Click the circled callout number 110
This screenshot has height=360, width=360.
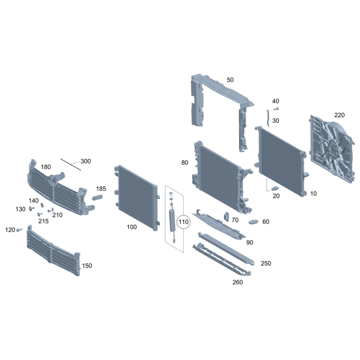pyautogui.click(x=184, y=222)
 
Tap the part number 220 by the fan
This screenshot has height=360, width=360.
pyautogui.click(x=339, y=115)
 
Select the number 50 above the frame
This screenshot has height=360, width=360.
pyautogui.click(x=230, y=80)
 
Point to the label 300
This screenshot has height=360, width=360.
pyautogui.click(x=85, y=161)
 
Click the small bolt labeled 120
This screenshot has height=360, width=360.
pyautogui.click(x=20, y=229)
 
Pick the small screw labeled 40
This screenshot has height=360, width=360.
pyautogui.click(x=276, y=108)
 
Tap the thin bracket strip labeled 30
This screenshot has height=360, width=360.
pyautogui.click(x=267, y=118)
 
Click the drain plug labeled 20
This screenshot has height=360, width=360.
pyautogui.click(x=275, y=189)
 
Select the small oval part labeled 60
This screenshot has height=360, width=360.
pyautogui.click(x=253, y=222)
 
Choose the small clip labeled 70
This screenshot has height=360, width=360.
pyautogui.click(x=227, y=217)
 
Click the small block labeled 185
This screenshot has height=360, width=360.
pyautogui.click(x=97, y=197)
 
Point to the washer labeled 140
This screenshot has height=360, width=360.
pyautogui.click(x=42, y=205)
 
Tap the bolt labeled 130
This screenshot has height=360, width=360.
pyautogui.click(x=31, y=208)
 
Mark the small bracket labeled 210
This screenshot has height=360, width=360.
pyautogui.click(x=50, y=210)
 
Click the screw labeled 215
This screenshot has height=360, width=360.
pyautogui.click(x=40, y=214)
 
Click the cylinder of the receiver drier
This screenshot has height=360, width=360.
pyautogui.click(x=172, y=220)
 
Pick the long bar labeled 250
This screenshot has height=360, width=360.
pyautogui.click(x=226, y=249)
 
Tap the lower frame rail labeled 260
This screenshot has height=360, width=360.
pyautogui.click(x=221, y=260)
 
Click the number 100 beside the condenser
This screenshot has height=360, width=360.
pyautogui.click(x=132, y=227)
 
